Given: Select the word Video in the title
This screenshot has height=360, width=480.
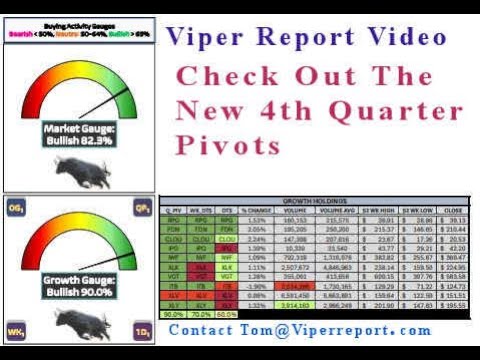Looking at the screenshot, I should click(x=400, y=37).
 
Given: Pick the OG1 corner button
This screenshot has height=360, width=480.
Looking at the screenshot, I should click(x=15, y=207).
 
